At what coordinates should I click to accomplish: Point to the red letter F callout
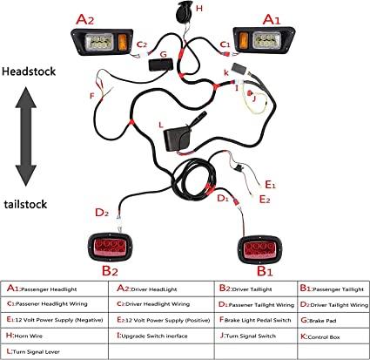[x=91, y=94]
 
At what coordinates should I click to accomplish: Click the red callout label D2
[x=101, y=211]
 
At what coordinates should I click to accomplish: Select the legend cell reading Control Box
[x=326, y=332]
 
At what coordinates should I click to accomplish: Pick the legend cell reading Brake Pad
[x=326, y=318]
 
